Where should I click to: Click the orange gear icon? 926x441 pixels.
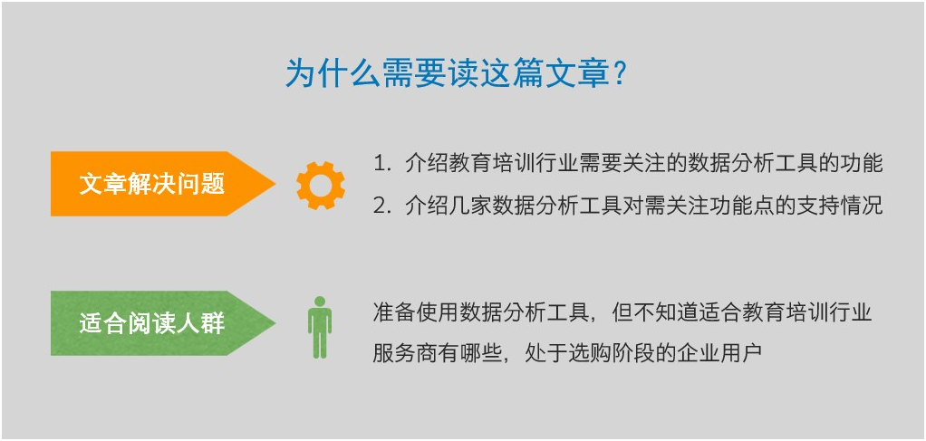pos(321,185)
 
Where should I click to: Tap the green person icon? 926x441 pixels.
pos(320,327)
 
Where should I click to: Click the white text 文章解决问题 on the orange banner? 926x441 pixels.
pos(152,184)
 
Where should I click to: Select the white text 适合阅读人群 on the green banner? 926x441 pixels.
pos(152,323)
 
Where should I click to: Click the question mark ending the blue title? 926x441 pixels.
pos(620,75)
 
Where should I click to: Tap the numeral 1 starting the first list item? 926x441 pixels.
pos(379,164)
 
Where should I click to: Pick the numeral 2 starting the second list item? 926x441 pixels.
pos(379,206)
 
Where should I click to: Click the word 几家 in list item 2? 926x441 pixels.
pos(470,206)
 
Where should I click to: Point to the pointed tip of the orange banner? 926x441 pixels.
pos(275,184)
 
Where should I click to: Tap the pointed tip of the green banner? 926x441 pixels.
pos(275,323)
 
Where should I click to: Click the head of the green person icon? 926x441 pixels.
pos(320,301)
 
